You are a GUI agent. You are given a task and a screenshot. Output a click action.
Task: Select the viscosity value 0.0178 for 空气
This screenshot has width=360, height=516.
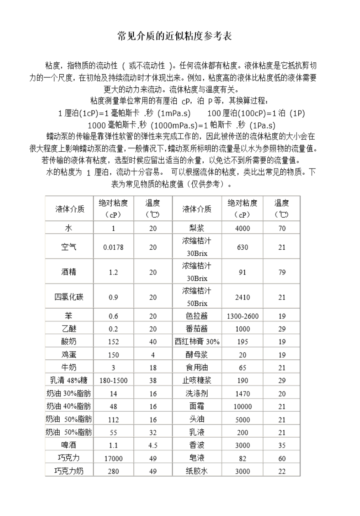click(113, 247)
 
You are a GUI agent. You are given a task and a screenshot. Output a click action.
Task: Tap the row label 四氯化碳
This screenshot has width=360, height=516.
click(69, 297)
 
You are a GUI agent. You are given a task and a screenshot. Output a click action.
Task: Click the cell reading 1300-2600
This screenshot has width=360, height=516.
click(243, 316)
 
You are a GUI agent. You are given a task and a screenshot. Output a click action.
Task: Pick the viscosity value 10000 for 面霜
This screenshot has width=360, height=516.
click(243, 407)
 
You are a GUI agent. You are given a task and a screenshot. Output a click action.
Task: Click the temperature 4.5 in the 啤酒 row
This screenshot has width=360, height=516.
click(153, 446)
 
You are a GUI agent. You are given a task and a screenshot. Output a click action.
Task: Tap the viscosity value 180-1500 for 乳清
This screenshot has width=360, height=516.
click(113, 380)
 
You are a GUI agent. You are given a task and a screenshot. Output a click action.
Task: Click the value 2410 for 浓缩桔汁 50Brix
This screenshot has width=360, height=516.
click(243, 297)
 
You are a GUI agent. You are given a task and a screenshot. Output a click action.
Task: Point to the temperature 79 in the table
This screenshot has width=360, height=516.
click(282, 272)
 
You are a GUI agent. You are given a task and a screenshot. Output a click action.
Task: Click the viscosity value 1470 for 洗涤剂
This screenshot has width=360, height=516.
click(243, 394)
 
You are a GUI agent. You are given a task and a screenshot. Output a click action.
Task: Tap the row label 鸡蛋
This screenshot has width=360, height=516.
click(69, 354)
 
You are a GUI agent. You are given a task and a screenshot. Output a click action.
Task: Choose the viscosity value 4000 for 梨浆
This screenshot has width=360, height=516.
click(243, 228)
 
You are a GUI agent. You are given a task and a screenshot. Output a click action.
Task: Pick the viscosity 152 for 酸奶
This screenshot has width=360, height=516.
click(113, 342)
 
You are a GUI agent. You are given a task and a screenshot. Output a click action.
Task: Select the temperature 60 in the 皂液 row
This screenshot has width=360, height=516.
click(282, 458)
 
